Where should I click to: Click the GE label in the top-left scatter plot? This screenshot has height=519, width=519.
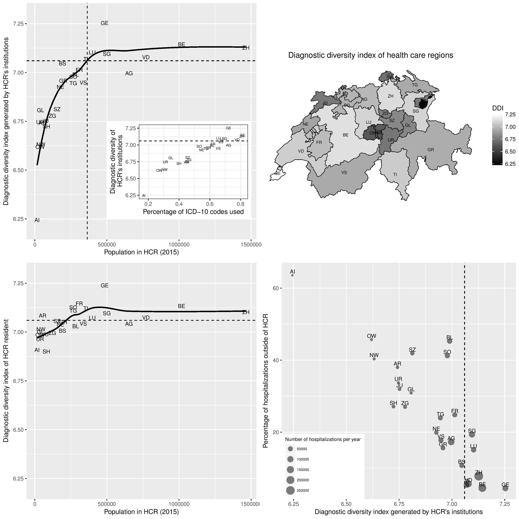104,23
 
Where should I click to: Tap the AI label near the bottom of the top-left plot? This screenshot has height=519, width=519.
37,220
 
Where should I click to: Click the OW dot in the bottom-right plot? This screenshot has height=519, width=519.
371,340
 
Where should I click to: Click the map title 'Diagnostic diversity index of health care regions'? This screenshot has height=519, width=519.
371,55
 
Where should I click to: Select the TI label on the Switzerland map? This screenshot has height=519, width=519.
395,174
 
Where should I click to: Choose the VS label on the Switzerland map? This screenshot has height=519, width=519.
344,172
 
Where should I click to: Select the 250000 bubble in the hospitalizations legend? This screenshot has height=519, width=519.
290,491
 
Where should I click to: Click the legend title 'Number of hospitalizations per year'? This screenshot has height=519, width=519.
323,439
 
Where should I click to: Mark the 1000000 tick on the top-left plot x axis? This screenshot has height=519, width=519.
179,245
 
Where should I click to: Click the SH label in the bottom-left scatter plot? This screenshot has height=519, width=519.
46,352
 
